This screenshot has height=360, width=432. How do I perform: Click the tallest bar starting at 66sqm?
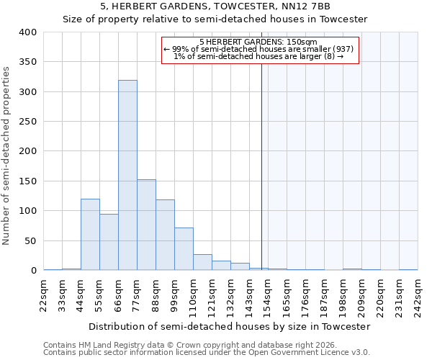[x=127, y=175]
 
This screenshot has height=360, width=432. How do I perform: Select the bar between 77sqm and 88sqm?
[x=146, y=225]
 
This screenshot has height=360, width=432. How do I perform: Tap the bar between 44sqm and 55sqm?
[x=90, y=234]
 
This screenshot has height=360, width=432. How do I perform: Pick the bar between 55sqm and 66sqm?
[x=109, y=242]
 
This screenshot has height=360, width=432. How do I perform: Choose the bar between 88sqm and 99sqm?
[x=165, y=235]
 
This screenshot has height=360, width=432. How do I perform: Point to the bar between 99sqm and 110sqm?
[x=184, y=248]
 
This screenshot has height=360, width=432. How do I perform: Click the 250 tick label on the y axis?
[x=27, y=122]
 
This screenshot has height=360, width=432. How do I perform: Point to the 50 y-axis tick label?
[x=30, y=240]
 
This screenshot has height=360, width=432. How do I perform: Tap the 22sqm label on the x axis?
[x=44, y=295]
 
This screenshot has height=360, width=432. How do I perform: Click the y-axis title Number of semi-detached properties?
[x=6, y=155]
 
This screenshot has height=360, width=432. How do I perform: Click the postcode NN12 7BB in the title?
[x=307, y=6]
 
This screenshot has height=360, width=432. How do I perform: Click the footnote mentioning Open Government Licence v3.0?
[x=207, y=352]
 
